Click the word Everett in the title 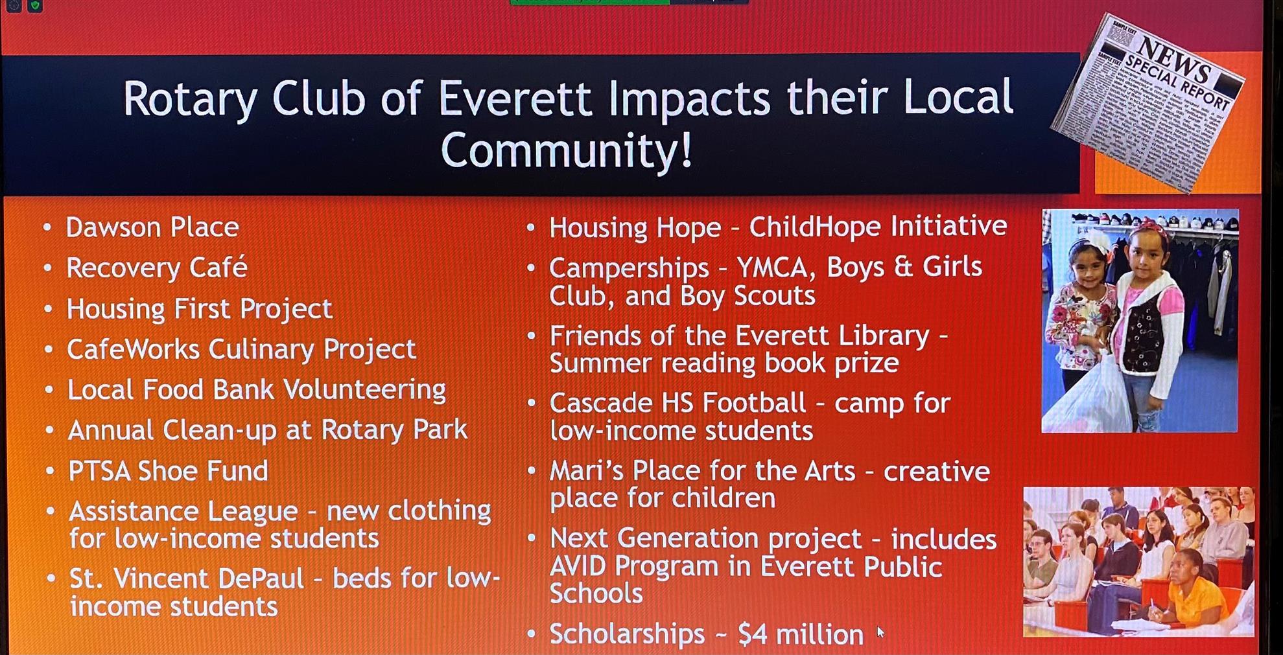(515, 98)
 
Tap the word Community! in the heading (567, 150)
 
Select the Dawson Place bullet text (152, 227)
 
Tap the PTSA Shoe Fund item (168, 471)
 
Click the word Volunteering (364, 390)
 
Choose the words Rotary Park (394, 430)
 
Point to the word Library (884, 336)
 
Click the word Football (754, 403)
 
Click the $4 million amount (801, 634)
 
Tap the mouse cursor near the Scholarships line (880, 631)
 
